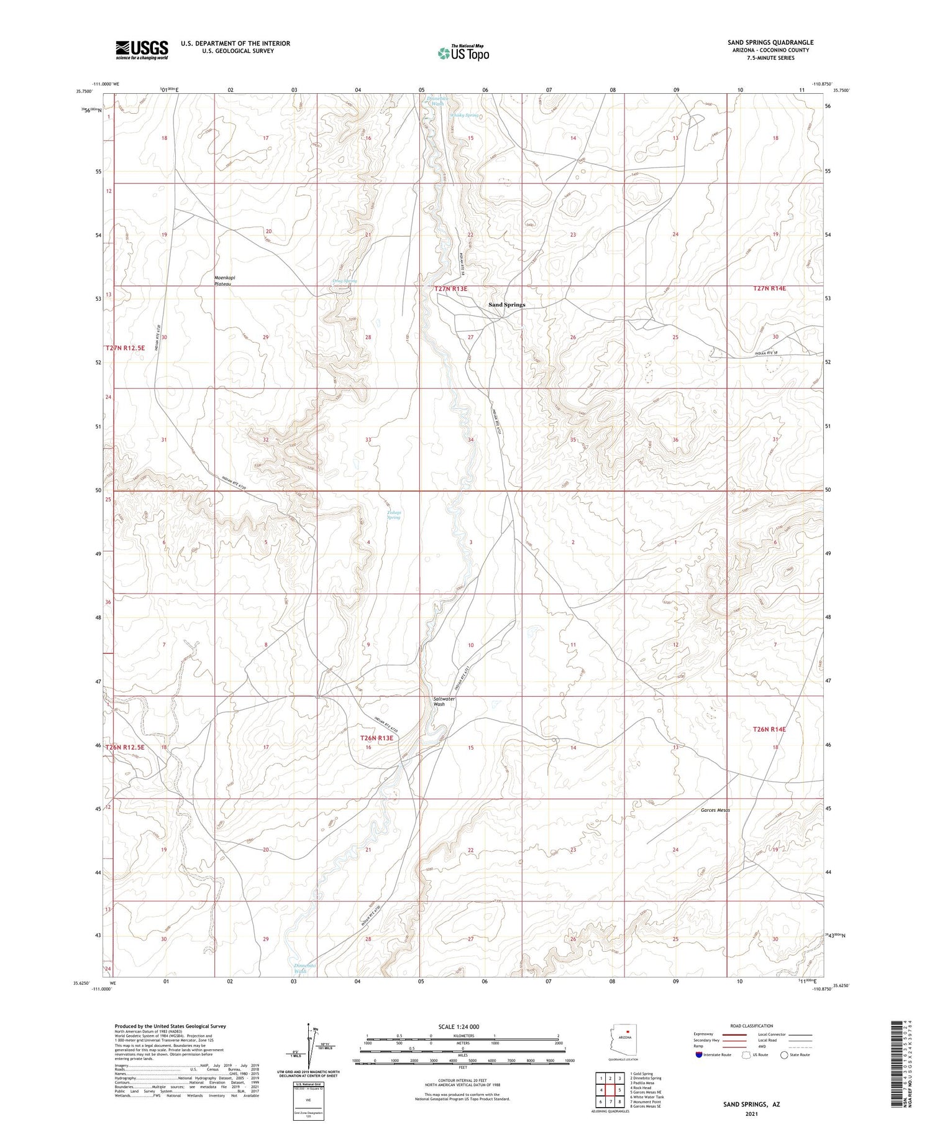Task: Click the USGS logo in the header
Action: [142, 50]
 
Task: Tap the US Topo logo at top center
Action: [464, 53]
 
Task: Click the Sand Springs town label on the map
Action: [506, 305]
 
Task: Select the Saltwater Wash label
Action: [444, 701]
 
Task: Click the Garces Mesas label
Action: [715, 810]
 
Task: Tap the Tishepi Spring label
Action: [394, 515]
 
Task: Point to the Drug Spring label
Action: [345, 281]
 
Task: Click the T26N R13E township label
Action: [377, 738]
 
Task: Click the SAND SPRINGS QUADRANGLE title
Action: [770, 42]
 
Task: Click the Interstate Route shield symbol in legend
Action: [699, 1055]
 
